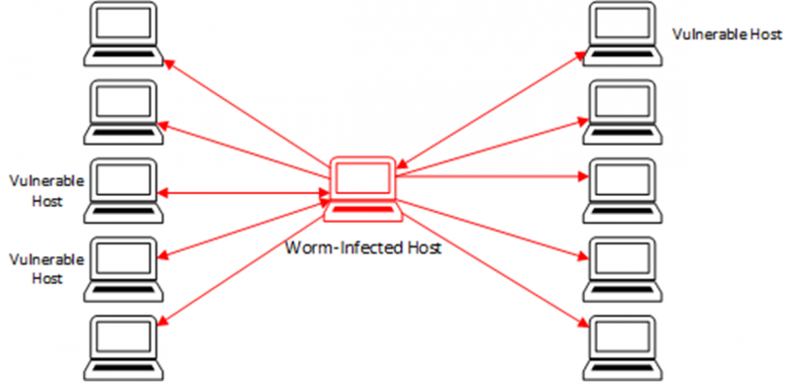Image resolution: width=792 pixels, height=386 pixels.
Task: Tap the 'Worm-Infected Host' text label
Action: pyautogui.click(x=362, y=246)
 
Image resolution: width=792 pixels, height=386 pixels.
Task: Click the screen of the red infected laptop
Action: pyautogui.click(x=361, y=178)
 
